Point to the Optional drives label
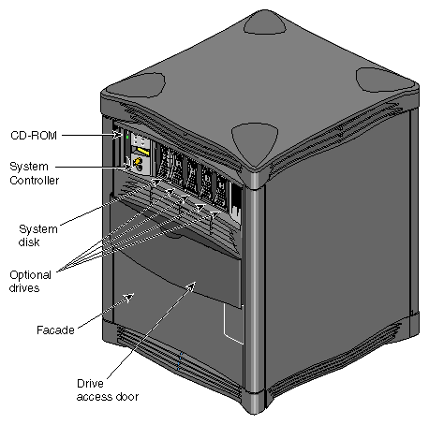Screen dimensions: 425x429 coord(31,281)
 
